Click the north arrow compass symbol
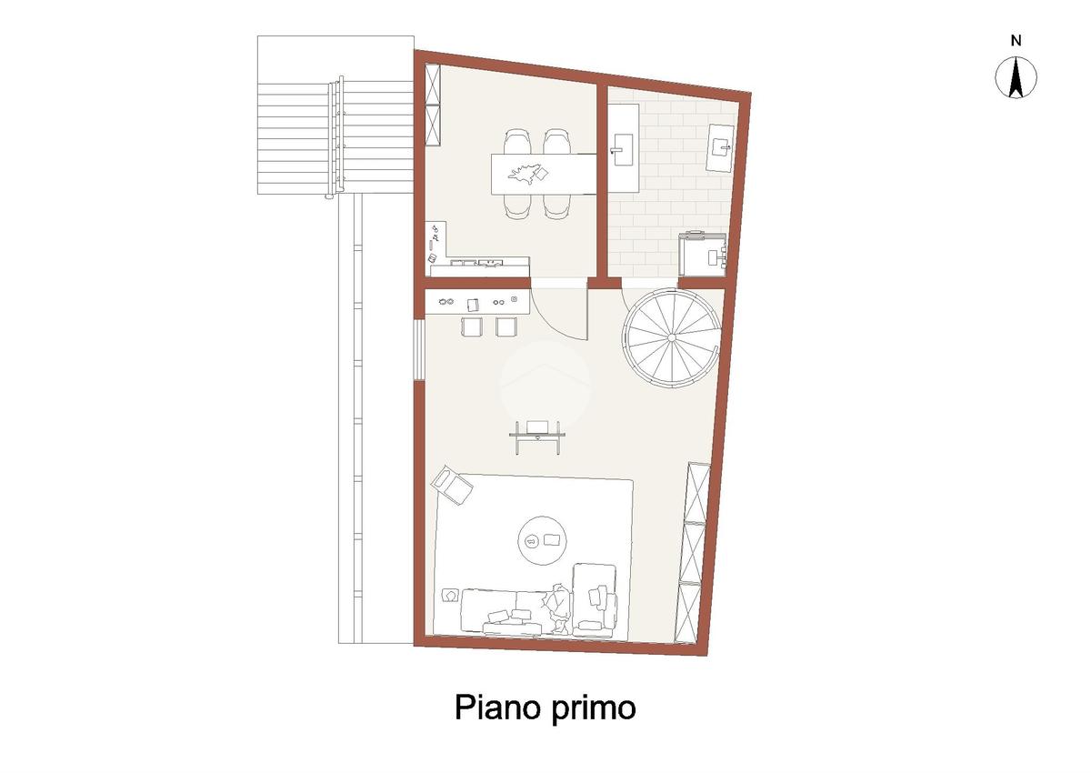point(1016,77)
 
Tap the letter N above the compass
point(1016,41)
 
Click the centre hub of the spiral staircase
point(672,337)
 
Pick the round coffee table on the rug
point(542,540)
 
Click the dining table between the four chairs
point(544,174)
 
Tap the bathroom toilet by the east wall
point(720,148)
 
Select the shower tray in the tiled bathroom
point(704,255)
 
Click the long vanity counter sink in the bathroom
point(624,147)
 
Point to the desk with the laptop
point(537,435)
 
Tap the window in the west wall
point(419,349)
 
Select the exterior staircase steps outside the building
point(336,138)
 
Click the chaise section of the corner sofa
point(595,600)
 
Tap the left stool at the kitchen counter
point(472,326)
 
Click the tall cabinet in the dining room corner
point(433,105)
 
